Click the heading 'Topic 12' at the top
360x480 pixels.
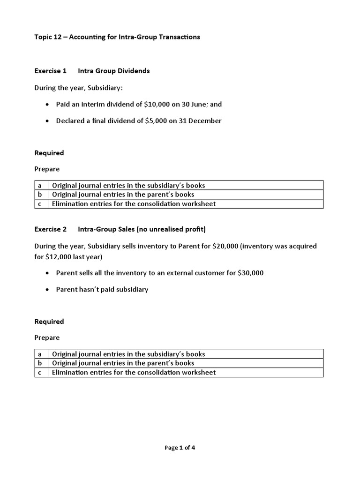coord(49,37)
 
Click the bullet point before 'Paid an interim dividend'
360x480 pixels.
coord(48,104)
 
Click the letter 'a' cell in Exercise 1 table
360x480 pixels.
coord(42,185)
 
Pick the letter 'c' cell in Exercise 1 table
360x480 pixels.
coord(42,204)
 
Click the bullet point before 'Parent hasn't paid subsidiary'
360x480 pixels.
coord(48,290)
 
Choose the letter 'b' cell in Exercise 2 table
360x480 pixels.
coord(42,363)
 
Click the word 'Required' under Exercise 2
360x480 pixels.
coord(49,322)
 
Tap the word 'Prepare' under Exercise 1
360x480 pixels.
coord(47,169)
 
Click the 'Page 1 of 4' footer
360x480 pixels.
coord(180,448)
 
